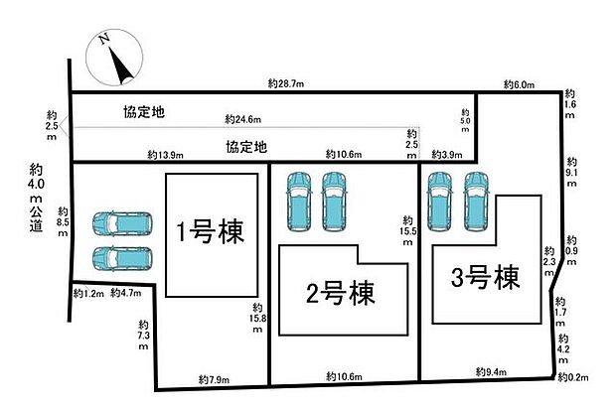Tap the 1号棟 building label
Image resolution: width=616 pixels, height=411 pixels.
[x=210, y=234]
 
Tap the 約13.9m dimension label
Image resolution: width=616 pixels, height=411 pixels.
[x=165, y=156]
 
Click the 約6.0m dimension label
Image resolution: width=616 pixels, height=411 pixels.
[x=521, y=85]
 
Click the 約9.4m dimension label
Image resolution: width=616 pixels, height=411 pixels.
[x=489, y=372]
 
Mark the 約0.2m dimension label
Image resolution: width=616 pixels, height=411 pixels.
[x=574, y=378]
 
